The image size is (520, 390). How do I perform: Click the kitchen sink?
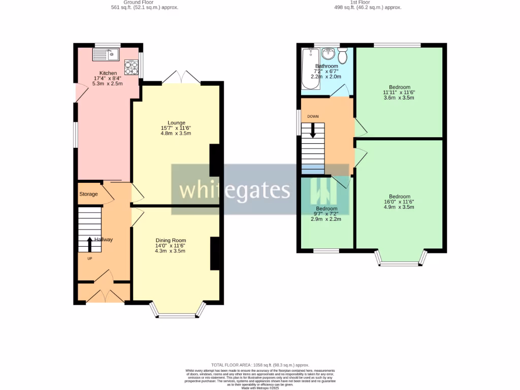click(106, 53)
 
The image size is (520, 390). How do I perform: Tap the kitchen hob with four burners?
click(131, 67)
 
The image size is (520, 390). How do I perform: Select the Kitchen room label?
click(108, 73)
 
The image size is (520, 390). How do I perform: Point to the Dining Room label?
click(171, 240)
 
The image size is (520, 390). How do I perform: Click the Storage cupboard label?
click(88, 194)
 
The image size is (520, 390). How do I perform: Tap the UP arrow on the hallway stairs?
click(90, 244)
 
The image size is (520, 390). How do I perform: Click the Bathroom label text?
click(327, 66)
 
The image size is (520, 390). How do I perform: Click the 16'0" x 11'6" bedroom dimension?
click(400, 202)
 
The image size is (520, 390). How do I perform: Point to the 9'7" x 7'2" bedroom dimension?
click(326, 214)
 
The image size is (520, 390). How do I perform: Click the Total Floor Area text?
click(260, 365)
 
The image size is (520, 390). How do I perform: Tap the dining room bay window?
click(177, 314)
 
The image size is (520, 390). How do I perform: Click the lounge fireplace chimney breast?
click(215, 159)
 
